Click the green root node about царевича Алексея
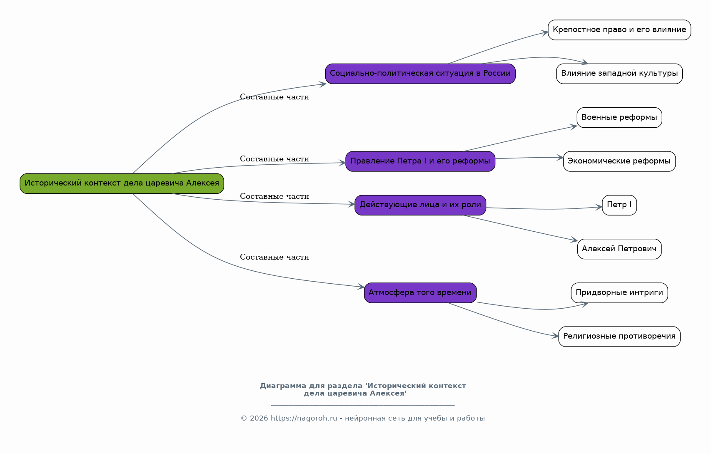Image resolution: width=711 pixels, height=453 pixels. click(x=122, y=183)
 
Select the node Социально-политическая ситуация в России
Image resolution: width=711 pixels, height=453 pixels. click(x=420, y=74)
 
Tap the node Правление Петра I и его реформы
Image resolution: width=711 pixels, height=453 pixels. click(x=420, y=161)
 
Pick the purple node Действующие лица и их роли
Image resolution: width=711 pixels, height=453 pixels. click(x=420, y=205)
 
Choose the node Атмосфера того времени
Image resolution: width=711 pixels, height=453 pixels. click(x=420, y=293)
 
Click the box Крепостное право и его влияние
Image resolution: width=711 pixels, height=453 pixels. click(x=619, y=30)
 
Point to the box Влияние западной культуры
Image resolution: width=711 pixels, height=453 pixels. click(x=619, y=74)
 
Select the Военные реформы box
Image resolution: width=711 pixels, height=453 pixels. click(x=619, y=118)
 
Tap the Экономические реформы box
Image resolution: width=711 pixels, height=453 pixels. click(x=619, y=161)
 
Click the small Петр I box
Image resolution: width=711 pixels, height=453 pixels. click(x=619, y=205)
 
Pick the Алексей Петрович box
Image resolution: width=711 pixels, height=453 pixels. click(x=619, y=249)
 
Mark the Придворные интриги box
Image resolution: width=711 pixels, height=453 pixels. click(x=619, y=293)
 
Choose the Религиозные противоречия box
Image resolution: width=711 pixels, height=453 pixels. click(x=619, y=337)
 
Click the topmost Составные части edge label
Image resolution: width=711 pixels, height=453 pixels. click(x=274, y=97)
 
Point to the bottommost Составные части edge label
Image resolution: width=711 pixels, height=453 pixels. click(x=274, y=257)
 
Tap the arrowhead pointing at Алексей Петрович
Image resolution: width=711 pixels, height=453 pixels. click(x=574, y=240)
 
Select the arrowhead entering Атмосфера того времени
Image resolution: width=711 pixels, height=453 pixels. click(x=361, y=287)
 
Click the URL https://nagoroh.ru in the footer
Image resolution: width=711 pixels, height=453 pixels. click(x=304, y=418)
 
